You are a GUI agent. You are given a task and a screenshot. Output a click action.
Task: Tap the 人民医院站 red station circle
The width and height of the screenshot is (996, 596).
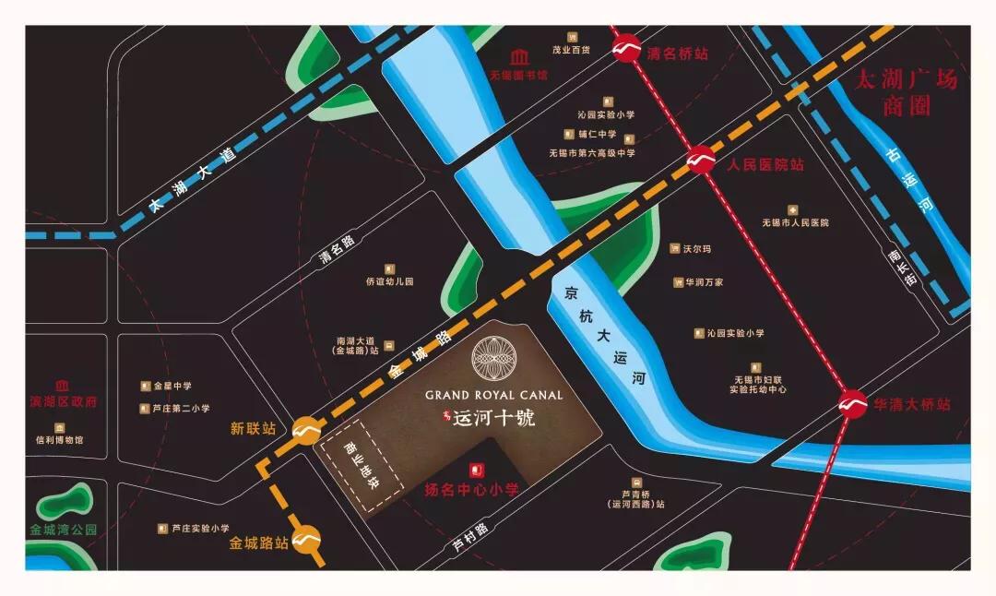[x=700, y=161]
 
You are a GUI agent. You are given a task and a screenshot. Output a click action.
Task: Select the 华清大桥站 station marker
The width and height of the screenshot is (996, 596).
[x=852, y=405]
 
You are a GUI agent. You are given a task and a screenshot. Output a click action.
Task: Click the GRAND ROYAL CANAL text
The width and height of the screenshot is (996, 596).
[x=493, y=395]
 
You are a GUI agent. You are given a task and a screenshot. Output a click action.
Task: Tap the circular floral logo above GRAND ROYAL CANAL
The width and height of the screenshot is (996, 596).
[x=495, y=359]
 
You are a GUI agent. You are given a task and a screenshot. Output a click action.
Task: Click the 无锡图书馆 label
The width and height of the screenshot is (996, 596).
[x=519, y=75]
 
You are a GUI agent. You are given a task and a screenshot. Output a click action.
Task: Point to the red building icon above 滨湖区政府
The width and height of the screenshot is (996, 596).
[x=62, y=386]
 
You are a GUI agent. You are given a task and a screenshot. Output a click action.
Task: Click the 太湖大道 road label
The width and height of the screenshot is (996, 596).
[x=193, y=178]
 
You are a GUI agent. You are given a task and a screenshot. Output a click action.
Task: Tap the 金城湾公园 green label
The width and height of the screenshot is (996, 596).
[x=62, y=530]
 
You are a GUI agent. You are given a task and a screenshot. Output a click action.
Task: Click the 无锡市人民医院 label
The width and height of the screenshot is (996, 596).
[x=795, y=222]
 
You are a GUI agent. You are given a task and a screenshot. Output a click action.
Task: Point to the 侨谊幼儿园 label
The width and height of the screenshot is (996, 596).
[x=389, y=281]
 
